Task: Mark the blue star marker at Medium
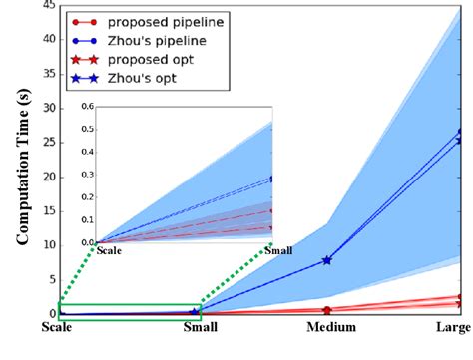point(327,260)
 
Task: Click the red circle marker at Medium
point(327,310)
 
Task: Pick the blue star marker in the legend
point(88,80)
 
